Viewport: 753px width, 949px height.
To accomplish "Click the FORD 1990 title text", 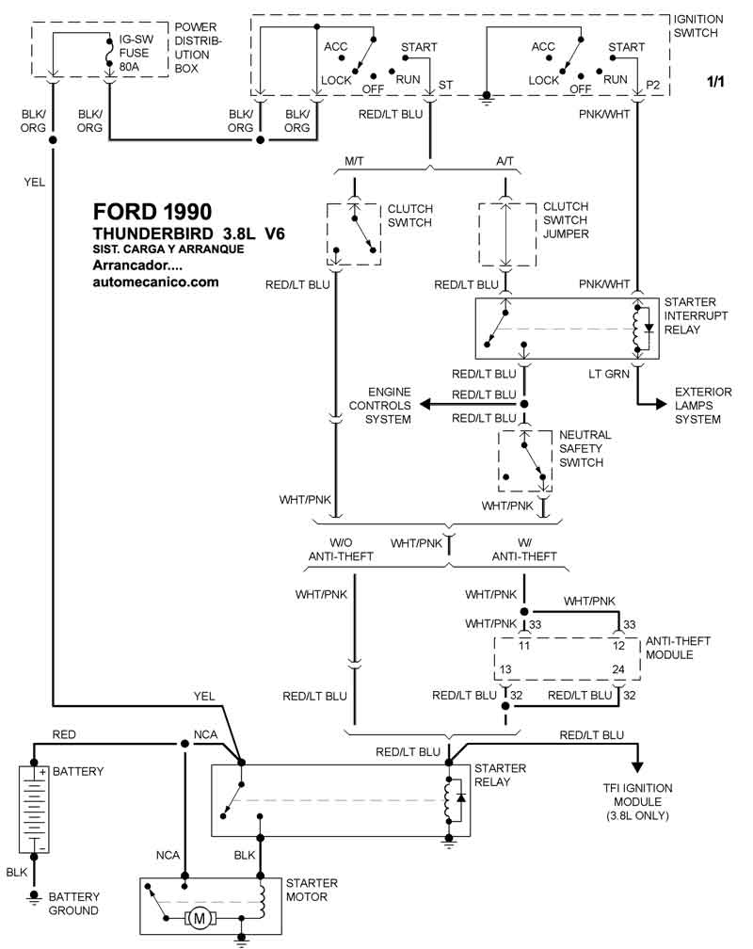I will pyautogui.click(x=152, y=212).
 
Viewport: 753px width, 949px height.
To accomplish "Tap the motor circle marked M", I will pyautogui.click(x=199, y=916).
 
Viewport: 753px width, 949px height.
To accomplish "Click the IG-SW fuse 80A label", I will pyautogui.click(x=137, y=54).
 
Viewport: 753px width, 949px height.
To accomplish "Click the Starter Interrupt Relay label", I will pyautogui.click(x=696, y=315).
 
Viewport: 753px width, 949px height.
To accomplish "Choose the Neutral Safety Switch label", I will pyautogui.click(x=585, y=448).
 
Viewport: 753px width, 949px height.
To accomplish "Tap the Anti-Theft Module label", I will pyautogui.click(x=678, y=648).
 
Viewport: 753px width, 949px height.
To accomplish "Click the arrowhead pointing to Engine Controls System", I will pyautogui.click(x=425, y=404).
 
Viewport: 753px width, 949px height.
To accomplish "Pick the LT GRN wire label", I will pyautogui.click(x=609, y=374).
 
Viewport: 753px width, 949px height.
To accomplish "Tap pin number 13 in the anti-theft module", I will pyautogui.click(x=505, y=669).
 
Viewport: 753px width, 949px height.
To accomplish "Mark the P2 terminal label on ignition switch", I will pyautogui.click(x=652, y=85).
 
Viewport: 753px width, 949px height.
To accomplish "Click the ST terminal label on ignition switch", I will pyautogui.click(x=445, y=85).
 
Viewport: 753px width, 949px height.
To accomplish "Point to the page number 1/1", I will pyautogui.click(x=716, y=83).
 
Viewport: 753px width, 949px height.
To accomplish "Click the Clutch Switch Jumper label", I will pyautogui.click(x=566, y=219).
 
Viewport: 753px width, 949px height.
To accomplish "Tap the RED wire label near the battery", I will pyautogui.click(x=64, y=734).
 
